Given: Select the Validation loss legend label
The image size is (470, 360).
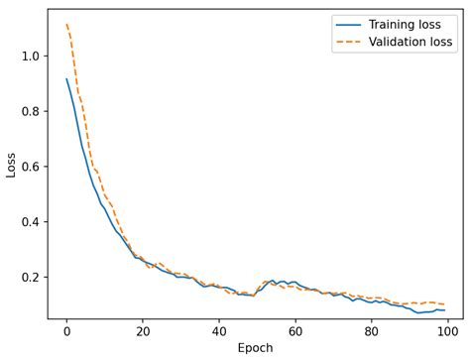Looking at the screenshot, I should tap(411, 43).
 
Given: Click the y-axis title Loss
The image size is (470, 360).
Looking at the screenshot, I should tap(12, 164).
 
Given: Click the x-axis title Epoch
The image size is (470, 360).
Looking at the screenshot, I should tap(255, 348).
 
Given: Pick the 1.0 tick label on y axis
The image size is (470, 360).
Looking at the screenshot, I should tap(30, 57).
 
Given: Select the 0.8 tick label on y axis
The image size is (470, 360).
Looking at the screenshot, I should tap(30, 111).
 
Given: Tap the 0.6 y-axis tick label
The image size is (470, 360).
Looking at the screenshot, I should tap(30, 167).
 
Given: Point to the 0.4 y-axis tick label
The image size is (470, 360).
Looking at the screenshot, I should tap(30, 221).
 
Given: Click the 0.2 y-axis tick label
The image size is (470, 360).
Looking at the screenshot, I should tap(30, 277).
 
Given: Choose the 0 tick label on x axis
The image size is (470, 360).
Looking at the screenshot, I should tap(66, 331).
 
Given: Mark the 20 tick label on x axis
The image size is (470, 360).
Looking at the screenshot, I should tap(142, 331).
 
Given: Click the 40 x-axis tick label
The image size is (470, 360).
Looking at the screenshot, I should tap(217, 331).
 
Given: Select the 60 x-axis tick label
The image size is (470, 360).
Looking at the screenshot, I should tap(294, 331).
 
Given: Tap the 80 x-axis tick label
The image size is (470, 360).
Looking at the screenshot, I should tap(369, 331).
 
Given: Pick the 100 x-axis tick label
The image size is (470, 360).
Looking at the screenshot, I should tap(444, 331).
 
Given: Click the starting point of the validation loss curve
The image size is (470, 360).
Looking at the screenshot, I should tap(66, 25).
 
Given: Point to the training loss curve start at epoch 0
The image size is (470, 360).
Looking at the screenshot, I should tap(66, 79).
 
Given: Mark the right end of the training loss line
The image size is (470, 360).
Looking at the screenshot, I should tap(444, 310).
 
